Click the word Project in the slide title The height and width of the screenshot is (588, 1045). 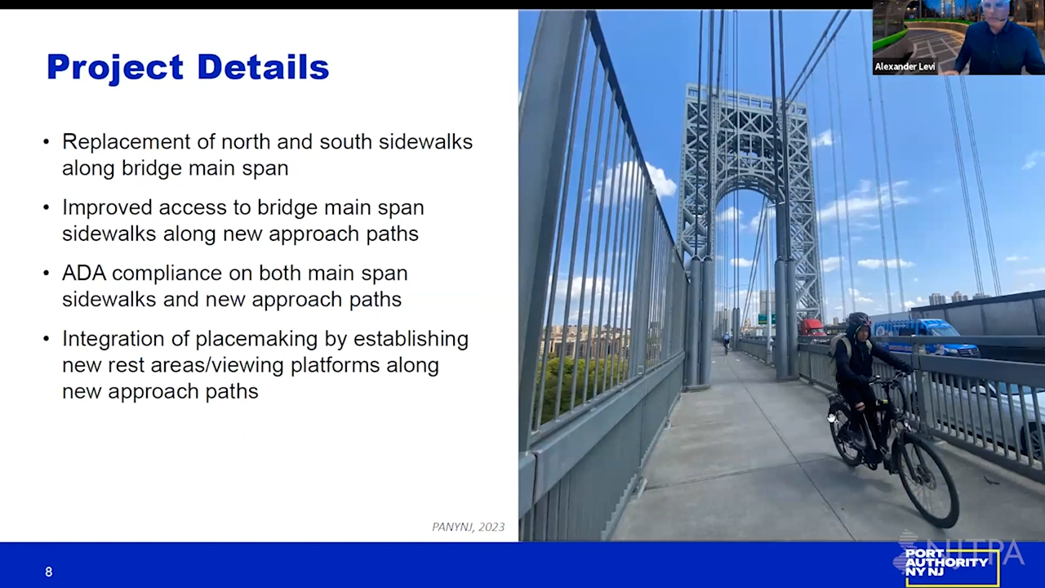115,68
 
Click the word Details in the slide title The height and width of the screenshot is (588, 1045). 263,67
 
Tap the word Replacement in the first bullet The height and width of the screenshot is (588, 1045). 127,143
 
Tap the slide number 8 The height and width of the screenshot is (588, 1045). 48,572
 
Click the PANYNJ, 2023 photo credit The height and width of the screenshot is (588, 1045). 468,527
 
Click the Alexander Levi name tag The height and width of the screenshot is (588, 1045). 905,67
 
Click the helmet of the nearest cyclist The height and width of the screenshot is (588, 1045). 860,319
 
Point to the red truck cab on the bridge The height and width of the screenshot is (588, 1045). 812,328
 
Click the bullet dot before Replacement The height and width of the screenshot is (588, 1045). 46,142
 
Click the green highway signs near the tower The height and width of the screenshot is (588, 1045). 766,319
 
